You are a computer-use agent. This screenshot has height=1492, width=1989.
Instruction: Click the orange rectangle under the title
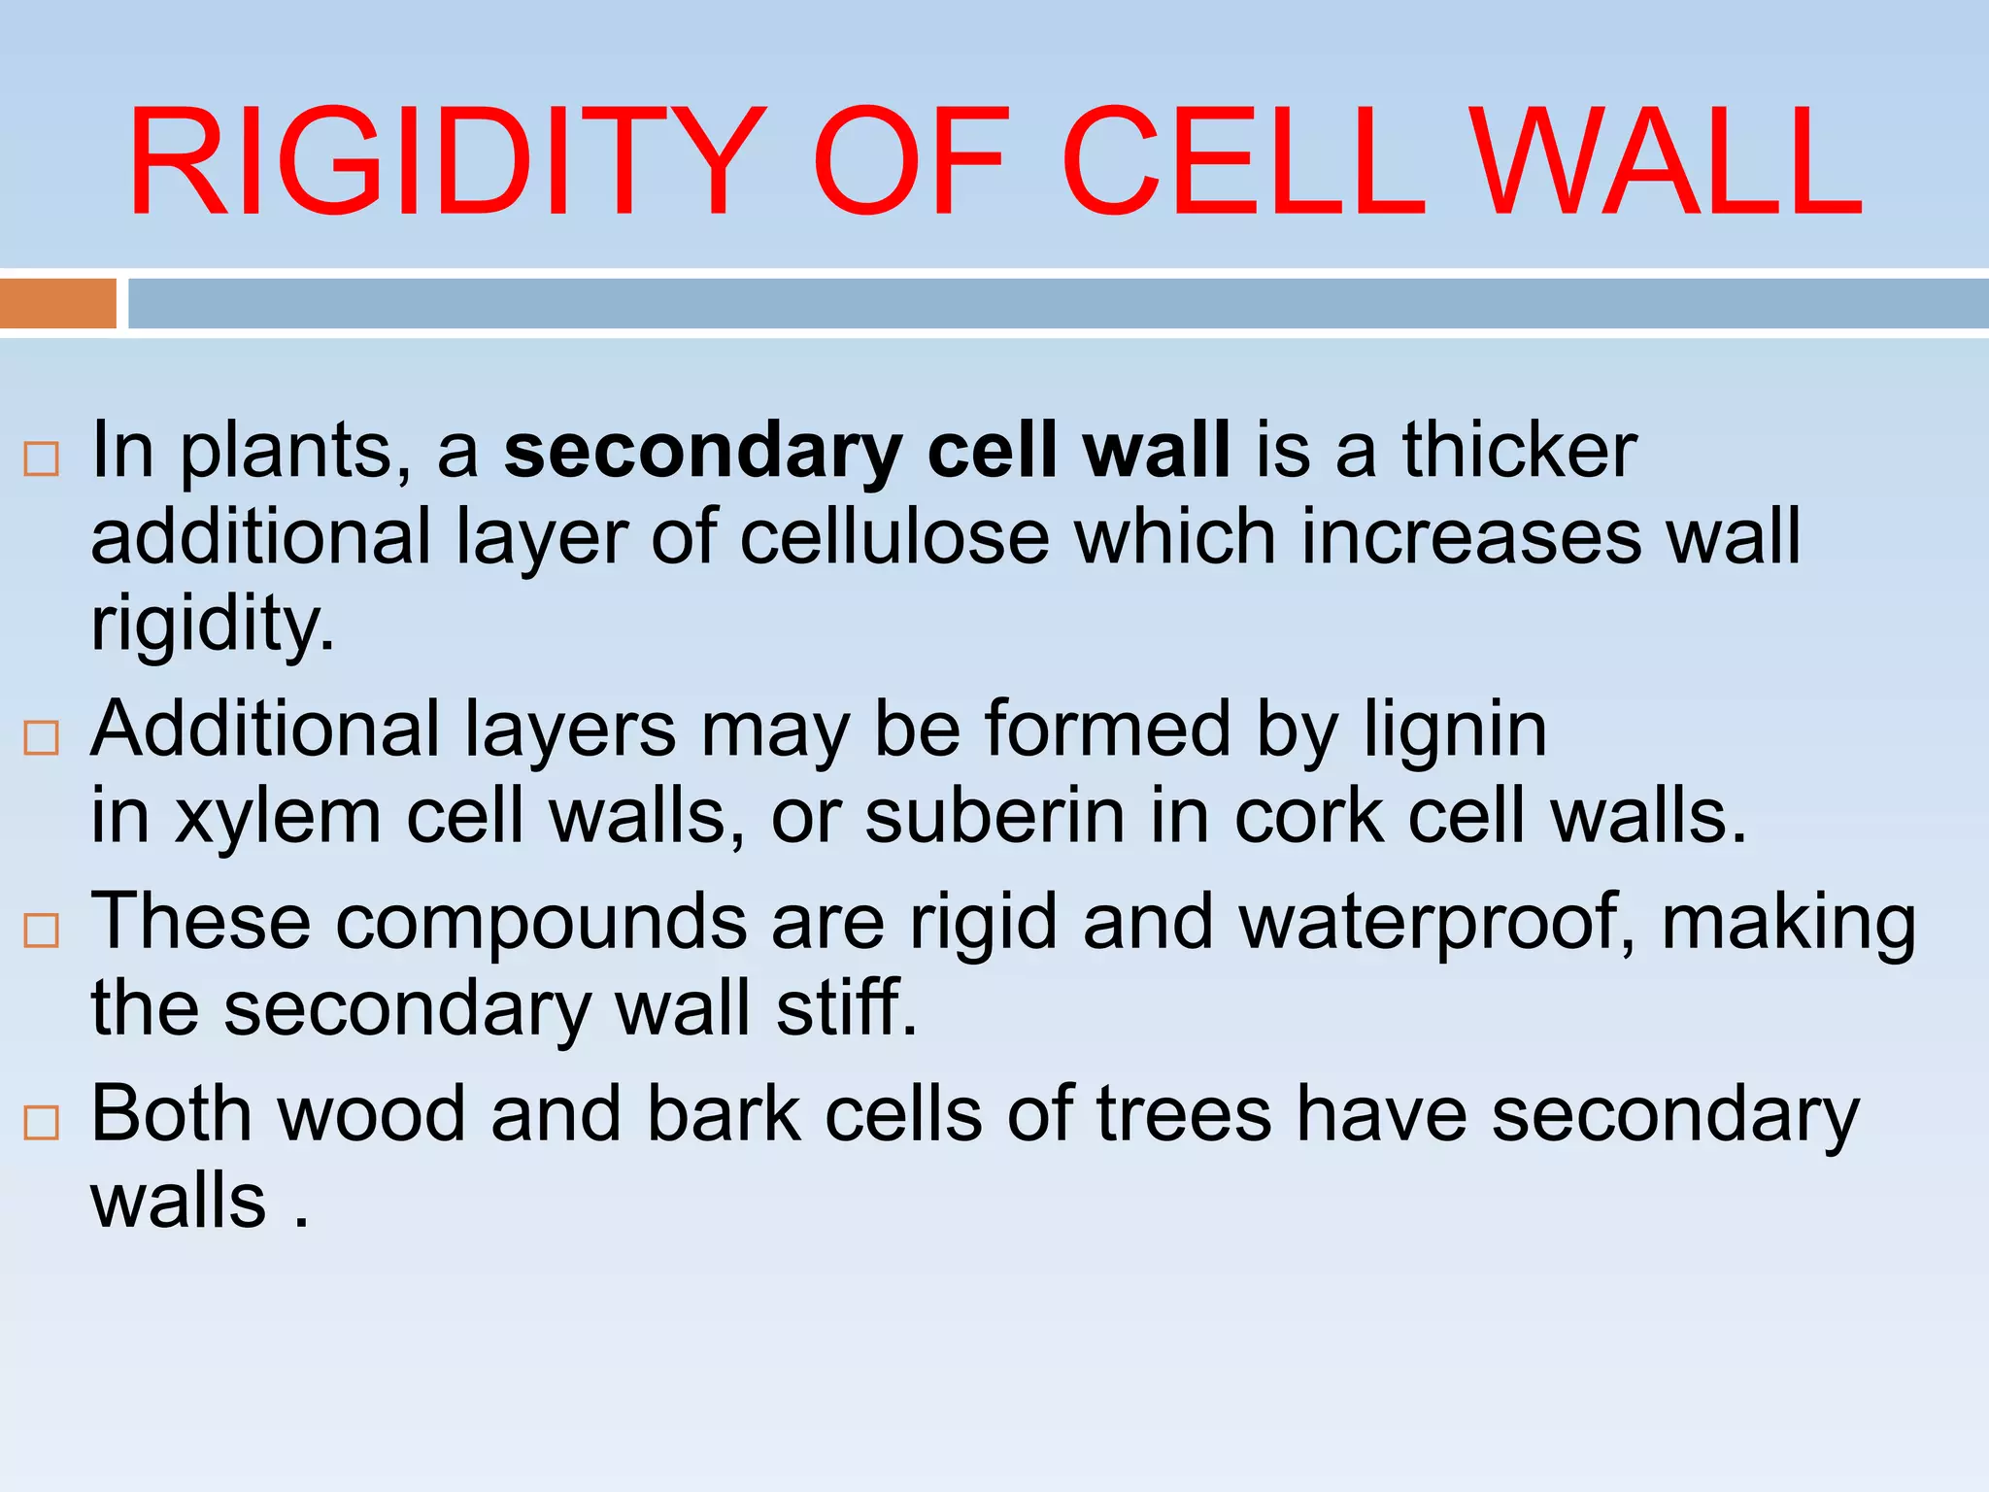57,303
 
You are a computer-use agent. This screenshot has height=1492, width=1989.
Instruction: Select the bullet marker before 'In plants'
41,458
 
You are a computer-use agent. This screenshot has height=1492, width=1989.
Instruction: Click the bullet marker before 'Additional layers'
41,738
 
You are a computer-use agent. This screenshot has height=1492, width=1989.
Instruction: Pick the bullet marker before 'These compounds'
41,931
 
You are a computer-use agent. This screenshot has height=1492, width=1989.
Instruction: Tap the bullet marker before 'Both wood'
41,1123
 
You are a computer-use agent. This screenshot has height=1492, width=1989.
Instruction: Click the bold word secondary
703,453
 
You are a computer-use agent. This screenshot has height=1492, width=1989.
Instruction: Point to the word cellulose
894,537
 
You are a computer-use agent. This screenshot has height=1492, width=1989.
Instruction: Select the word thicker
1519,451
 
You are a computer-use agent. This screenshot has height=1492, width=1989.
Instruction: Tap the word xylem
278,816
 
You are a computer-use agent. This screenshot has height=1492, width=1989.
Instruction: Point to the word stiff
845,1008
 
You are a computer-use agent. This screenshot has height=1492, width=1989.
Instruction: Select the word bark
724,1113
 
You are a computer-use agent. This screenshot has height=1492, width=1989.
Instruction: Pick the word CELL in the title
1244,162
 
